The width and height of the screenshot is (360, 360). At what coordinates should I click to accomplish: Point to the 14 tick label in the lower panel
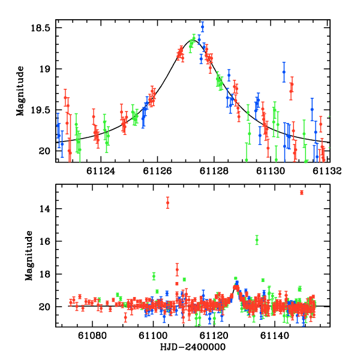[46, 209]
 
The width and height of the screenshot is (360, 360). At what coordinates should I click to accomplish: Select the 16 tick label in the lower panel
[46, 241]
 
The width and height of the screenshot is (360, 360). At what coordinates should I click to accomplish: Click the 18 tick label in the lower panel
[46, 274]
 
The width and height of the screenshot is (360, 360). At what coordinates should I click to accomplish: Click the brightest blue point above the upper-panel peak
[202, 27]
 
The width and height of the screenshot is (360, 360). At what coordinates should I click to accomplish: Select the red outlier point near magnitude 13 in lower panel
[301, 193]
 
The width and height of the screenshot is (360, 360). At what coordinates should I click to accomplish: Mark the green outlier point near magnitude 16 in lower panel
[257, 240]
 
